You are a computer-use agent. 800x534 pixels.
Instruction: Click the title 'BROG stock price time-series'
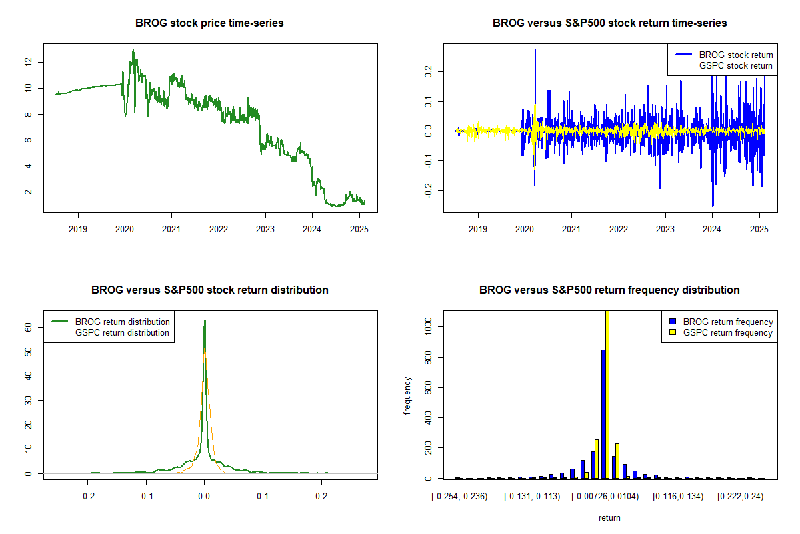pos(209,23)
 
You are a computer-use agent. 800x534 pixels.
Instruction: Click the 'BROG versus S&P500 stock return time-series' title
pos(609,23)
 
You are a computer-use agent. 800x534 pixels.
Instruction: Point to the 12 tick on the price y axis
pos(28,62)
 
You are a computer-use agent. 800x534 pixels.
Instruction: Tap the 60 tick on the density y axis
pos(28,328)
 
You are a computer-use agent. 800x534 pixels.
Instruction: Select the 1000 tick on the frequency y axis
pos(425,326)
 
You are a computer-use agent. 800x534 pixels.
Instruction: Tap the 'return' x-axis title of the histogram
pos(609,517)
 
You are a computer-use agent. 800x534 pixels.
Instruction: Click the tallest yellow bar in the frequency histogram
pos(607,394)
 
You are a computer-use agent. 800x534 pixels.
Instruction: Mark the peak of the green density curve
pos(205,320)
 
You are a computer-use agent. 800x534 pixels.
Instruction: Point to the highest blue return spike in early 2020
pos(535,50)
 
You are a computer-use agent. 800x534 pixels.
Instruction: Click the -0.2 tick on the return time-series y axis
pos(425,192)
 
